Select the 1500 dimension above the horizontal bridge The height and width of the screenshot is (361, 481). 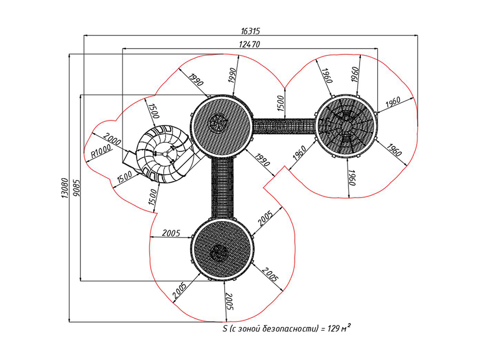pos(281,102)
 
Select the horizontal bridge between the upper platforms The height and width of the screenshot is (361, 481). pos(284,126)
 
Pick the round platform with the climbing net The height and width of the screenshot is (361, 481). pos(346,125)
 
